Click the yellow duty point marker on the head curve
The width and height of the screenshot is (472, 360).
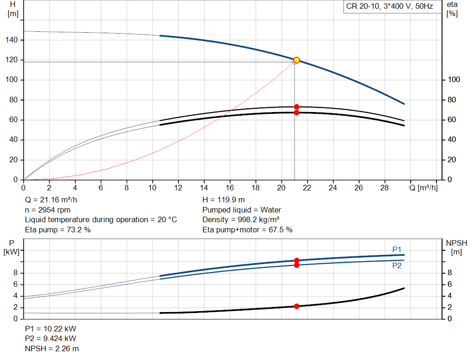(x=296, y=60)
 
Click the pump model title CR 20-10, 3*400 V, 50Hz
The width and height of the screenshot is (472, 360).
(x=389, y=7)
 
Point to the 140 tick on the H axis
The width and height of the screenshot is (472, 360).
(x=12, y=40)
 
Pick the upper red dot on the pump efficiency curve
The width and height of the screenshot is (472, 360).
(x=296, y=107)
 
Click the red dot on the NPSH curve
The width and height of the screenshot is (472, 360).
(x=296, y=306)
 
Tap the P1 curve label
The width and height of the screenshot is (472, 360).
(x=397, y=249)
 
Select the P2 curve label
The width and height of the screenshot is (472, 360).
(x=397, y=266)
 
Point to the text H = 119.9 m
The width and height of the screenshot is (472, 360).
(x=224, y=200)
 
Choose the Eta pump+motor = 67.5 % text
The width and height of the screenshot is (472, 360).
(x=248, y=229)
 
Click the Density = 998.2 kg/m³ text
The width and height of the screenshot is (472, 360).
(x=241, y=219)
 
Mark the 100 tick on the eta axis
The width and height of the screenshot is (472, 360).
(x=454, y=80)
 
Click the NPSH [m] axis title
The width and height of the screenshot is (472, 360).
(x=456, y=247)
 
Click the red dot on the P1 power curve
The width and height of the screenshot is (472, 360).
(x=296, y=260)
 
